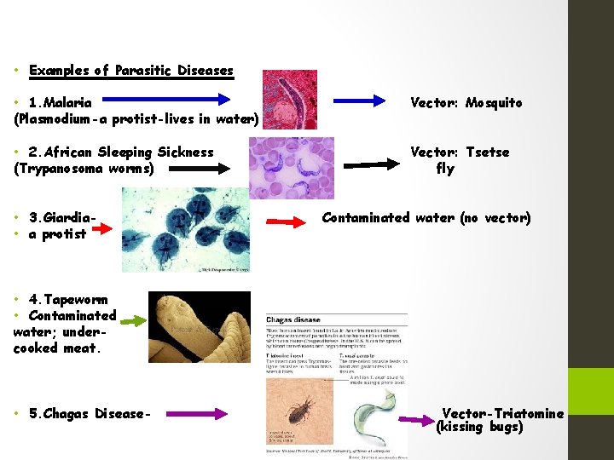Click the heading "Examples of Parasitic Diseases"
coord(130,71)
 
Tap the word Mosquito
coord(494,103)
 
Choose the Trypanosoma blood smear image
coord(291,168)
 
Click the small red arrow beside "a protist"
coord(102,228)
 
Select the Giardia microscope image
coord(187,229)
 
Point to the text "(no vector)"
coord(495,218)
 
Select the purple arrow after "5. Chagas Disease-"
coord(196,414)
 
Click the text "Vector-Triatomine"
coord(502,414)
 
